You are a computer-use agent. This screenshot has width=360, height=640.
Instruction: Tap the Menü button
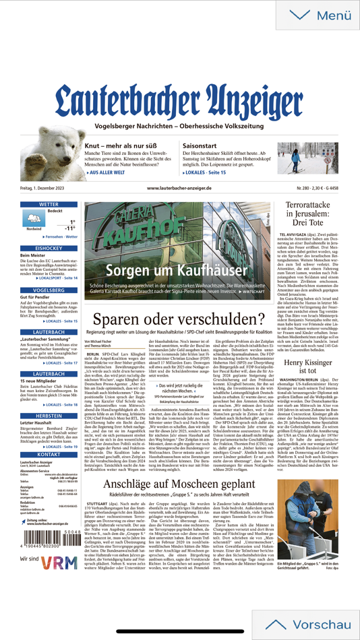coord(316,15)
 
